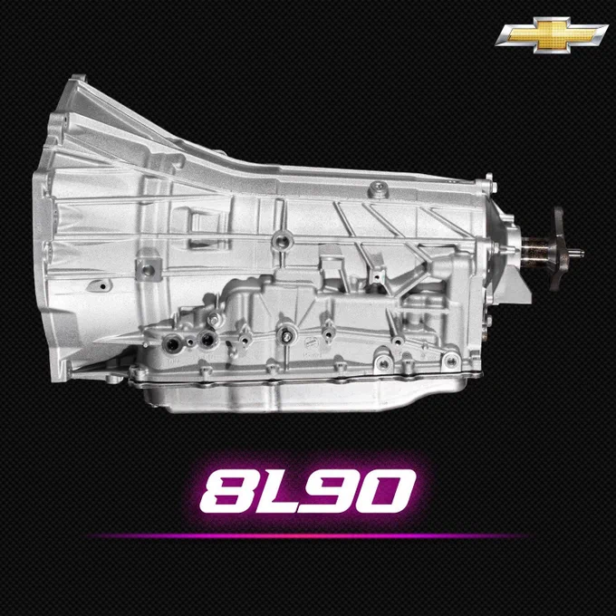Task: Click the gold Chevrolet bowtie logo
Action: pos(552,34)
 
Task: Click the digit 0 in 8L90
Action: pos(388,491)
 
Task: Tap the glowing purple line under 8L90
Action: pos(308,536)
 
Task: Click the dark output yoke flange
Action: pos(558,249)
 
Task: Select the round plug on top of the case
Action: pos(379,188)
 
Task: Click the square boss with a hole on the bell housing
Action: pos(148,270)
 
